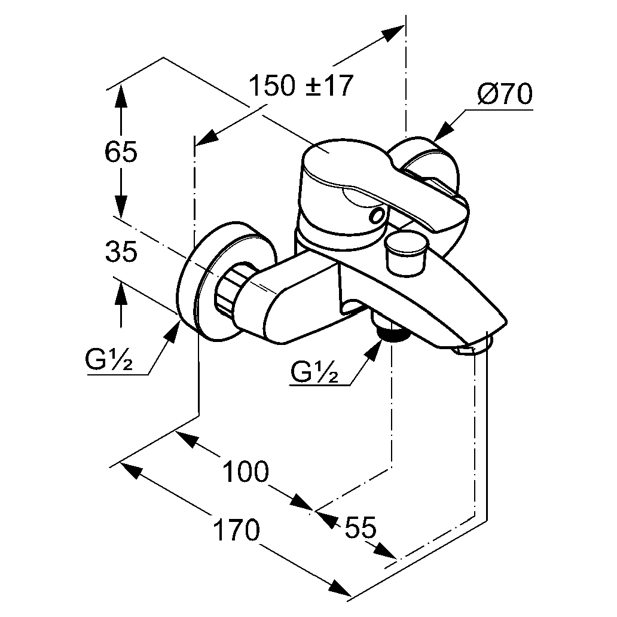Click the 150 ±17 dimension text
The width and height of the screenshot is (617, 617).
[301, 85]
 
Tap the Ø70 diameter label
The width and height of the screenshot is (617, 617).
[505, 94]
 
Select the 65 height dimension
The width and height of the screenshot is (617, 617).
[121, 151]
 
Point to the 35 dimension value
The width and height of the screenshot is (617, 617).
[121, 251]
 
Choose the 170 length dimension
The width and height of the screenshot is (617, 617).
[236, 530]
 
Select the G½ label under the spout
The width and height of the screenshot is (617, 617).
[314, 371]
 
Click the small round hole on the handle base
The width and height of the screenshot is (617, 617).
[376, 216]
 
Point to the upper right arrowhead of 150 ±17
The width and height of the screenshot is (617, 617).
[393, 32]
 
